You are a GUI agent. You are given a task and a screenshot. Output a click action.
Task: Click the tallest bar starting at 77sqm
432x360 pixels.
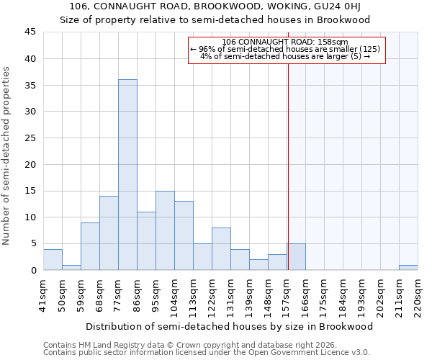click(127, 175)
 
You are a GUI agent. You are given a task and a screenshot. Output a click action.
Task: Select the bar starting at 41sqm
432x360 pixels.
click(53, 259)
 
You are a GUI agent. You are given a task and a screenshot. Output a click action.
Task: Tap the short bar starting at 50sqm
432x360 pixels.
click(71, 267)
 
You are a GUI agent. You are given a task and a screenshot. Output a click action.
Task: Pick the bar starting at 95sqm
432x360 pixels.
click(165, 230)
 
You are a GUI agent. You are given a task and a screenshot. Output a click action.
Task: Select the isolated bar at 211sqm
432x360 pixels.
click(408, 267)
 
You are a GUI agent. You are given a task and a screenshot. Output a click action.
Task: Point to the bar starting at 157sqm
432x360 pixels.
click(297, 257)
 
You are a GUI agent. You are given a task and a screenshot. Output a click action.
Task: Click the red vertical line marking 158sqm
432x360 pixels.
click(288, 166)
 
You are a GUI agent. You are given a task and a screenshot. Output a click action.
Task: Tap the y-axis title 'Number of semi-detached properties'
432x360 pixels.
click(6, 156)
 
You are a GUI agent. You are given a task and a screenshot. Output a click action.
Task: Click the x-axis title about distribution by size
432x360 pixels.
click(229, 326)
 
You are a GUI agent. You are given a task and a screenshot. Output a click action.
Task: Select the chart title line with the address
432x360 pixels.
click(215, 7)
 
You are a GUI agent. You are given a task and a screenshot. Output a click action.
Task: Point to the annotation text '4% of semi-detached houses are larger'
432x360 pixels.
click(285, 56)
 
